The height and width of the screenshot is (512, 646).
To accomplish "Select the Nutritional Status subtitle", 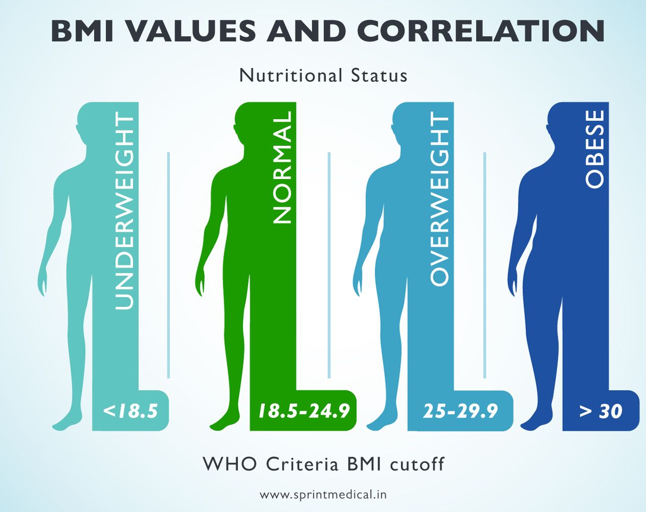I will [x=323, y=76].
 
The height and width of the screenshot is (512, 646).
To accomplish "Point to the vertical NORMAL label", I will [x=283, y=168].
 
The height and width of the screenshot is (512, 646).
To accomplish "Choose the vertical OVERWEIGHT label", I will [x=440, y=199].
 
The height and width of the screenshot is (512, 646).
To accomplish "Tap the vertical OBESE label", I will [x=595, y=149].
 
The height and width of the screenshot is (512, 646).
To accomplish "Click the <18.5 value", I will [x=130, y=411].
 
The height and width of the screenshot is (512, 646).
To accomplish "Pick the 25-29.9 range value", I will [x=460, y=411].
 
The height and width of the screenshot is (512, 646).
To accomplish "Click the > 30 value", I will [x=601, y=411].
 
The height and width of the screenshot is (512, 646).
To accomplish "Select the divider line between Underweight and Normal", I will [x=168, y=265].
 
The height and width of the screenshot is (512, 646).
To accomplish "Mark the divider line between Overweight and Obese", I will [x=484, y=265].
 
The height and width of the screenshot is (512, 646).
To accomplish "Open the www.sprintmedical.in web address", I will [x=323, y=495].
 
